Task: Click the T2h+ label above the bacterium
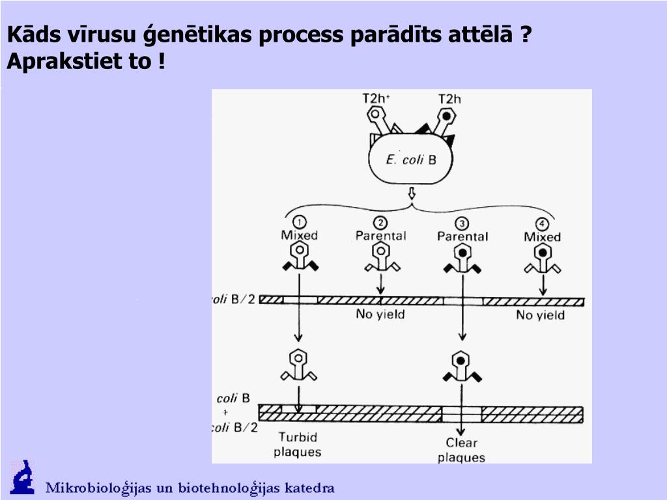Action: point(376,98)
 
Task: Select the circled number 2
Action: point(380,223)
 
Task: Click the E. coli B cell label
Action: point(411,160)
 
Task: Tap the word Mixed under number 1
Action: point(300,236)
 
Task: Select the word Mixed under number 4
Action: point(542,237)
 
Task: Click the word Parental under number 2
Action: point(381,236)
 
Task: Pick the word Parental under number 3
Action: point(462,236)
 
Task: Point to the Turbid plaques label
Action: point(298,444)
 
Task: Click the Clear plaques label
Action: point(461,450)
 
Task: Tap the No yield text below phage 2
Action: point(380,315)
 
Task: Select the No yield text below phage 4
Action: point(541,316)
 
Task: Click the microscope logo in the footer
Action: point(22,477)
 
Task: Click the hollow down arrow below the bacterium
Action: point(412,194)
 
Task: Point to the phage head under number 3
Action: point(462,251)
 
